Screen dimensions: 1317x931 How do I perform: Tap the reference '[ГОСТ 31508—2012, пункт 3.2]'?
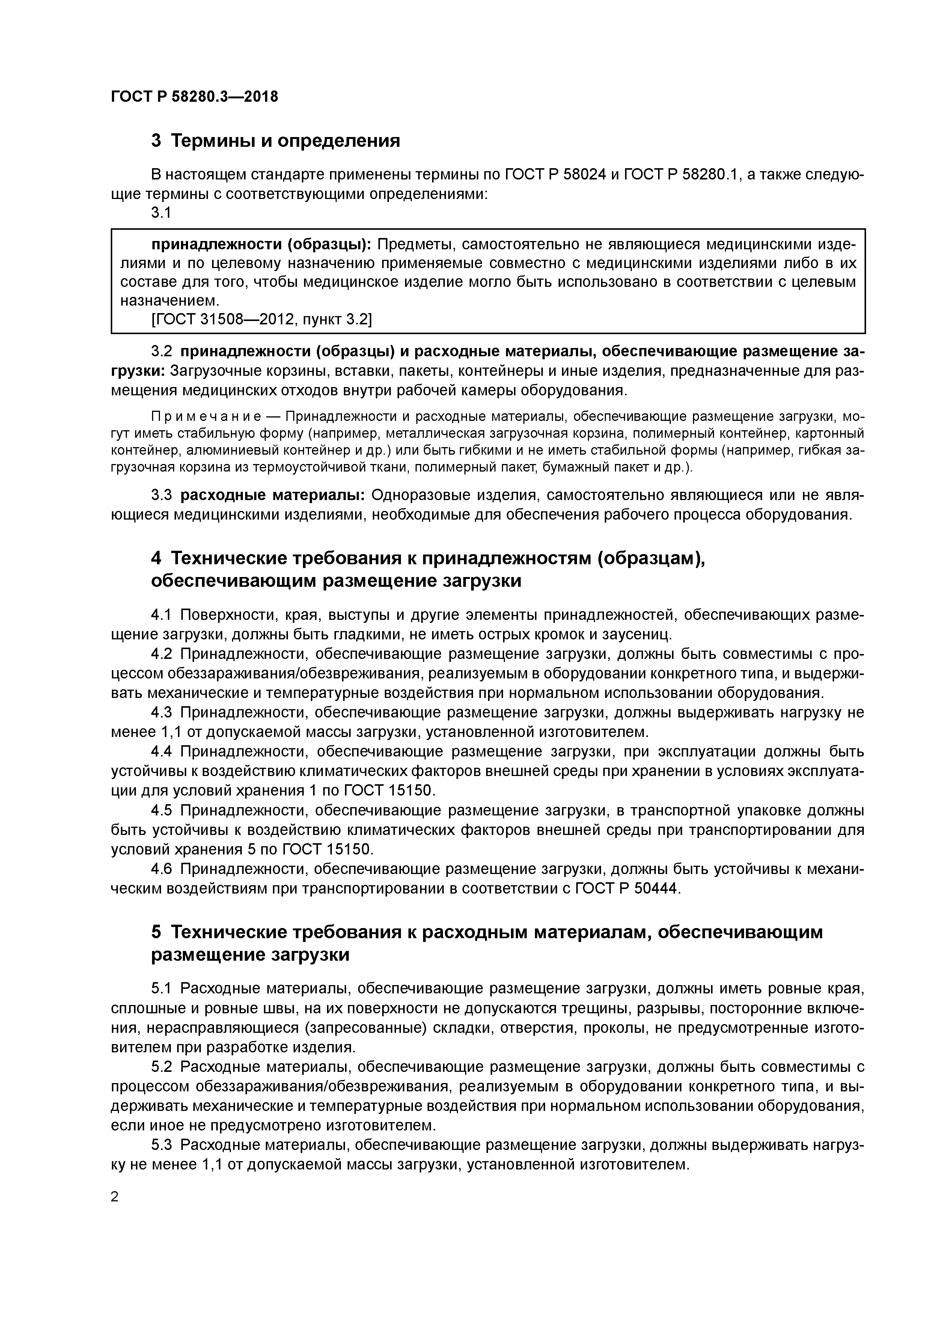pyautogui.click(x=262, y=319)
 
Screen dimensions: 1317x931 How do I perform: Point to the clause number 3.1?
pyautogui.click(x=161, y=213)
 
